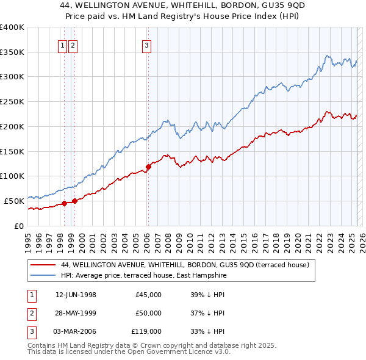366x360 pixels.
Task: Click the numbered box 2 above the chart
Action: click(73, 45)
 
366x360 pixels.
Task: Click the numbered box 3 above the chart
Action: click(147, 45)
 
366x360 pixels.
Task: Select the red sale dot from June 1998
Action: click(64, 204)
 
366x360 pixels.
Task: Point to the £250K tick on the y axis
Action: click(12, 102)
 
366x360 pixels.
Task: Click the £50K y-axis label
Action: click(15, 201)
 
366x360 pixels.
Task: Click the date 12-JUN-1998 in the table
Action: click(76, 295)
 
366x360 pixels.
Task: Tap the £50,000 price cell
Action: click(148, 313)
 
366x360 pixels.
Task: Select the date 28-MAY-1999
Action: click(76, 313)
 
